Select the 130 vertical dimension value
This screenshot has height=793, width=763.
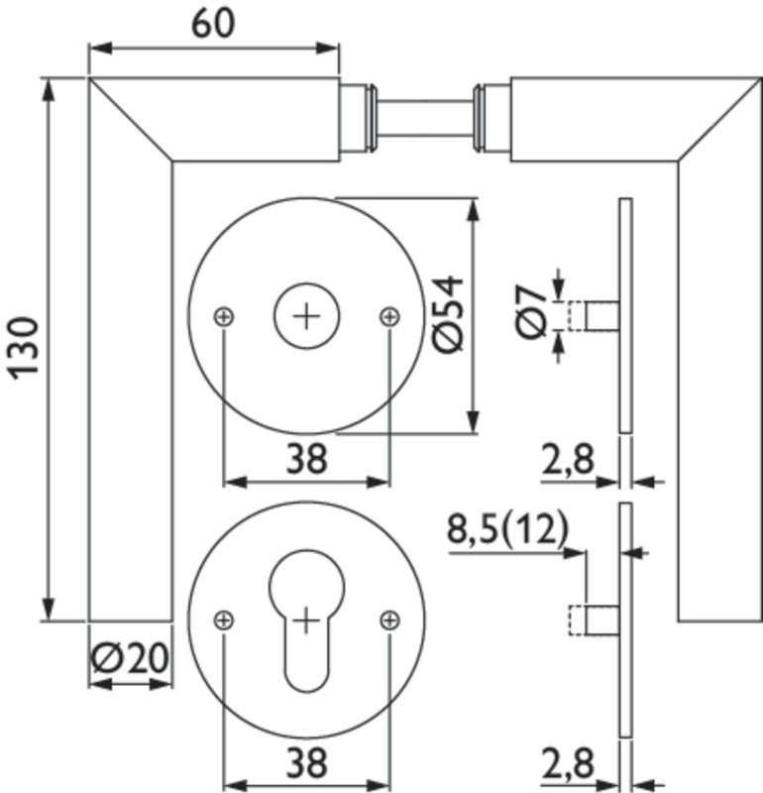[22, 347]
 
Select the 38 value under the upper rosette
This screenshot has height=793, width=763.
[306, 459]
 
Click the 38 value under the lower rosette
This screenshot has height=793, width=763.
[306, 763]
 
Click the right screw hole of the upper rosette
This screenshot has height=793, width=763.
[390, 316]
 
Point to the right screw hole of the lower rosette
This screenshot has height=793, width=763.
[390, 621]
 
